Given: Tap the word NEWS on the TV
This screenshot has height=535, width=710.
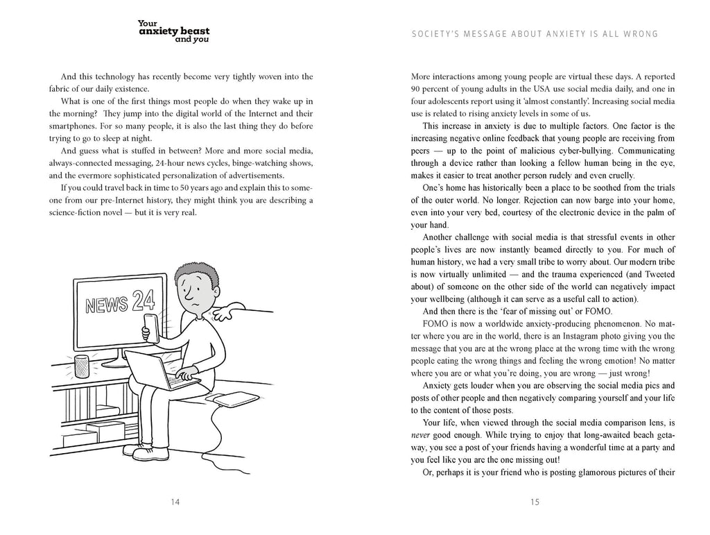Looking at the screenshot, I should [x=105, y=306].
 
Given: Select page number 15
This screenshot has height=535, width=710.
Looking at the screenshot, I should [x=535, y=502].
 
